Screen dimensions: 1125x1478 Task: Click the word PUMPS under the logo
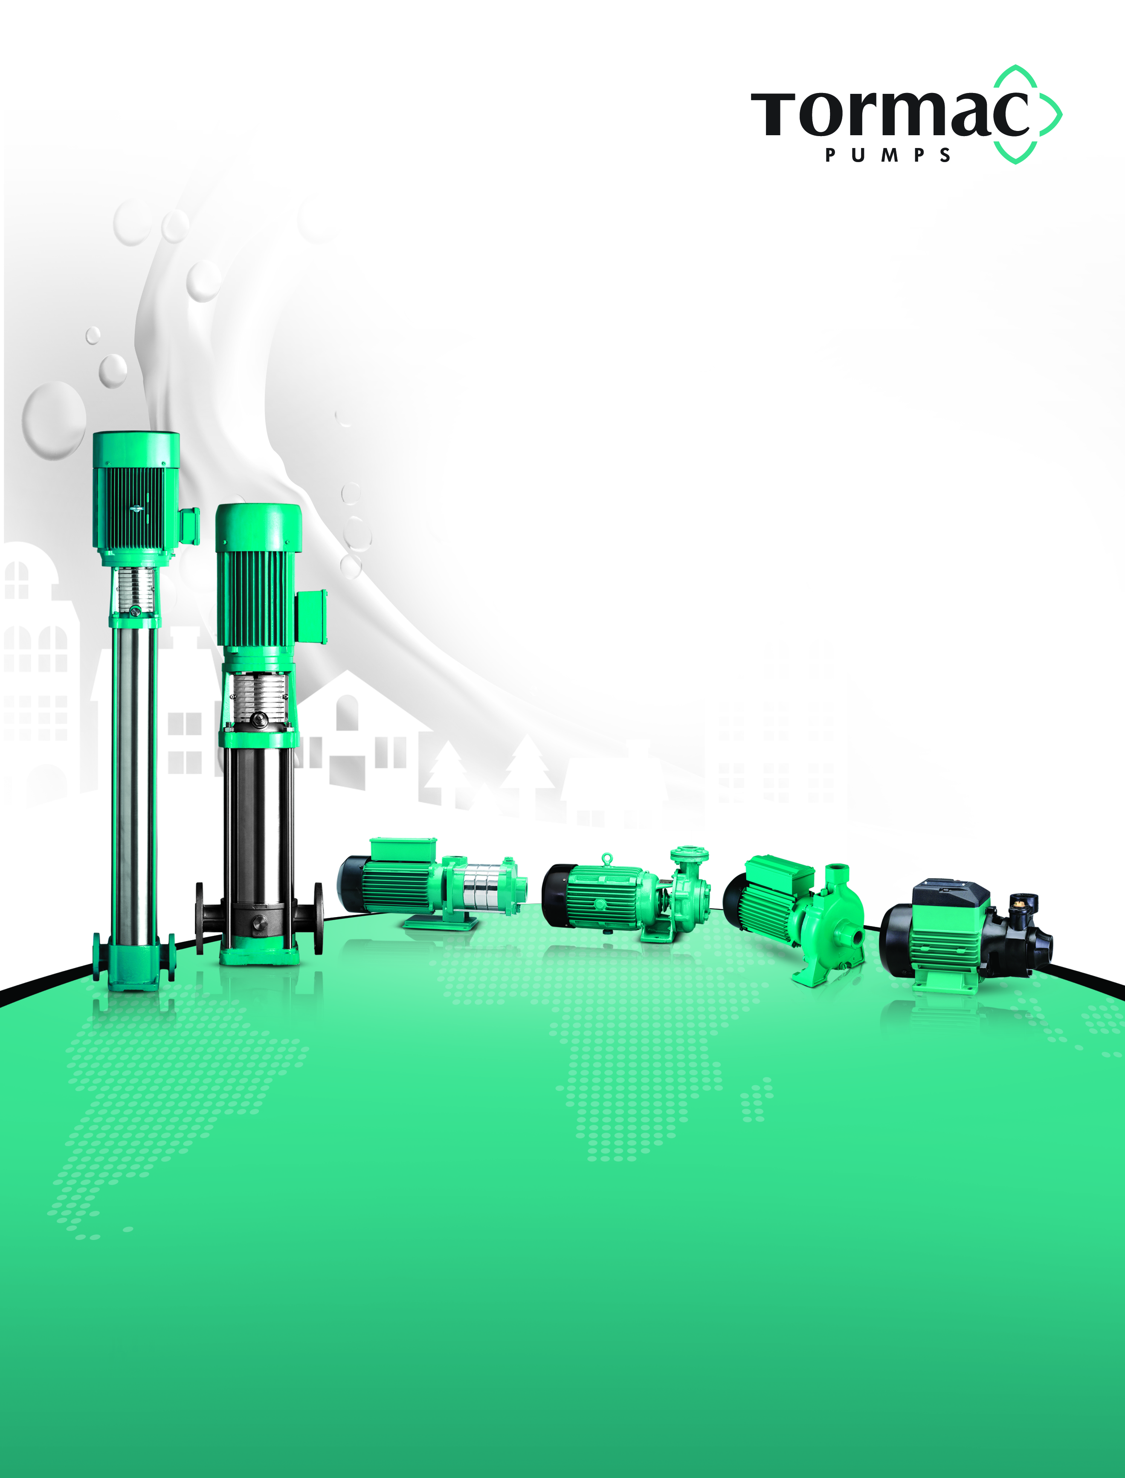(x=889, y=155)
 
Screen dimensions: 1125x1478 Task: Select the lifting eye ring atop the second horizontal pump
(x=607, y=859)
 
